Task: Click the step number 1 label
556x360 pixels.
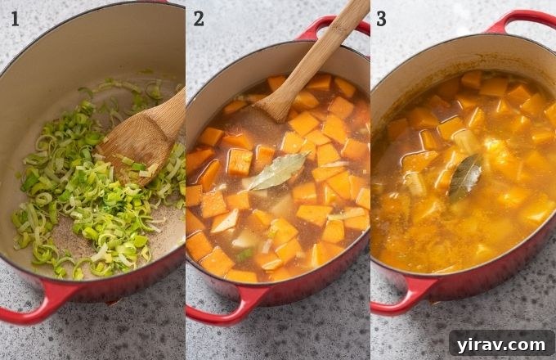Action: pos(15,18)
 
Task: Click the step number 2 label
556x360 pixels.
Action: pos(199,18)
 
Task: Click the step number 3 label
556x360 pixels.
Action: pos(381,18)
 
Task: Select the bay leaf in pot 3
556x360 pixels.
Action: pos(465,178)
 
